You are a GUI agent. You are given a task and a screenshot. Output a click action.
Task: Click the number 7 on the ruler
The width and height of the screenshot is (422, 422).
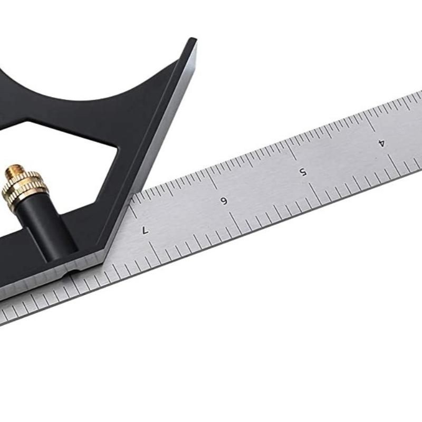145,230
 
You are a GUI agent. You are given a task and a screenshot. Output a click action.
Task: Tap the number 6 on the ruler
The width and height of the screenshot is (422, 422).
224,201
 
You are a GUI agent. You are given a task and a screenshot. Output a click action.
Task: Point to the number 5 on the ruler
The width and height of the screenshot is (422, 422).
303,172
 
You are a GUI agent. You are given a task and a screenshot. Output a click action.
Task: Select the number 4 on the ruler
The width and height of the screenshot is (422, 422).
381,143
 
